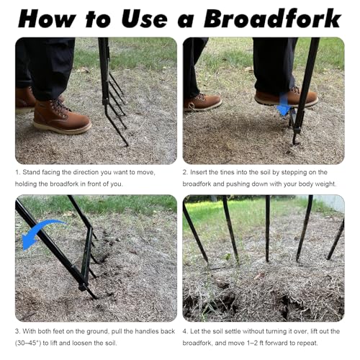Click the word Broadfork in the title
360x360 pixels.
coord(272,19)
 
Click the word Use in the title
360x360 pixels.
coord(145,19)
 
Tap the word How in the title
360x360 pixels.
coord(47,19)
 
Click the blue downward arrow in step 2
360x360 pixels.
coord(284,104)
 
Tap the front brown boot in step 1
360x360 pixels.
coord(62,117)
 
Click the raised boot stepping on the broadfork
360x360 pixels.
coord(286,98)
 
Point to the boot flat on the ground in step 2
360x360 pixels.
coord(202,102)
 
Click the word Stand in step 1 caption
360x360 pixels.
coord(32,172)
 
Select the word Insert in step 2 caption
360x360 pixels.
coord(198,172)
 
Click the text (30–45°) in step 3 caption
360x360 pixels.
coord(28,343)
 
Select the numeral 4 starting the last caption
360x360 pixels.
coord(184,331)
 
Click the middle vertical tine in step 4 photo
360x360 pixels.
coord(267,228)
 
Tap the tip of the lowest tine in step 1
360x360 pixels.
coord(127,145)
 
